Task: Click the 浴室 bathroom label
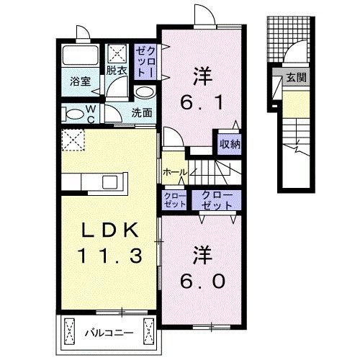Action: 79,81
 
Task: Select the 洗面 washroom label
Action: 142,112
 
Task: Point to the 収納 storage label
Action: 230,143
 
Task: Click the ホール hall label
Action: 175,173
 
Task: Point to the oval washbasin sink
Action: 143,93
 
